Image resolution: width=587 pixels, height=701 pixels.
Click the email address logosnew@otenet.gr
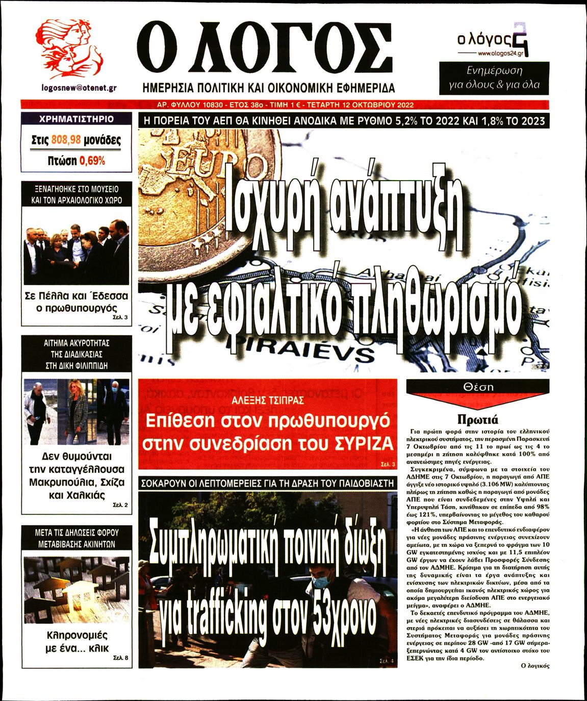coord(79,87)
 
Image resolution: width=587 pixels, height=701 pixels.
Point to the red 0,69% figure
coord(92,161)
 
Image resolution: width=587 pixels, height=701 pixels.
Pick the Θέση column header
coord(478,387)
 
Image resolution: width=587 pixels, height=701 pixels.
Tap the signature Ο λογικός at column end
coord(535,666)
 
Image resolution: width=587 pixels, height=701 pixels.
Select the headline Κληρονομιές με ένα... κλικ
coord(77,642)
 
